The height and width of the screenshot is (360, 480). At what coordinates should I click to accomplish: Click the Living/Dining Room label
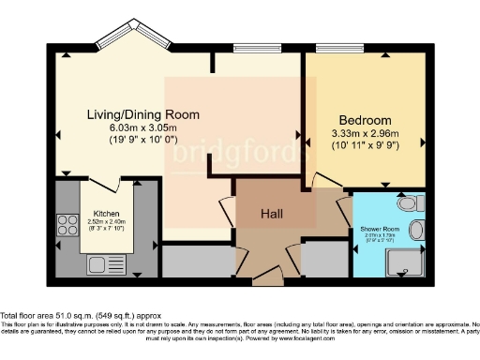click(x=143, y=114)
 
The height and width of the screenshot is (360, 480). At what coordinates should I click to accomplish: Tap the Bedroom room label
click(x=365, y=121)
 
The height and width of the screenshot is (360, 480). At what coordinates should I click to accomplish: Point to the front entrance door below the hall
click(x=268, y=277)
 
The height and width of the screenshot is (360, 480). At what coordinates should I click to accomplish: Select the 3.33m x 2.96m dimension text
click(x=365, y=134)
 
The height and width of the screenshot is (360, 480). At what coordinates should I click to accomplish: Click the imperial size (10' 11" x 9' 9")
click(x=365, y=146)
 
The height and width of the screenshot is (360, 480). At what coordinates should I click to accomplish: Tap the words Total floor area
click(x=24, y=315)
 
